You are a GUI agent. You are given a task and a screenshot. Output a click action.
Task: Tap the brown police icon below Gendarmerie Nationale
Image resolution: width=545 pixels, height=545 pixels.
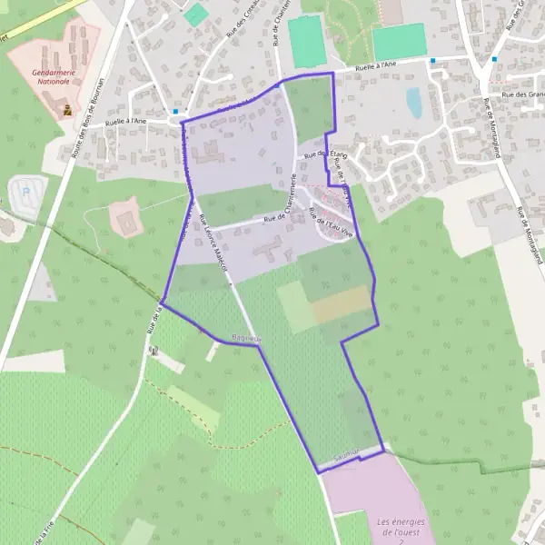[x=67, y=111]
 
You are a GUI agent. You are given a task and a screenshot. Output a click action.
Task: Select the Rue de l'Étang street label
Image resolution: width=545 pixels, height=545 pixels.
[x=320, y=155]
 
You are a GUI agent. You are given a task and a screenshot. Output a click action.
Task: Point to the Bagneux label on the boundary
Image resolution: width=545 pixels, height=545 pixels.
[x=246, y=338]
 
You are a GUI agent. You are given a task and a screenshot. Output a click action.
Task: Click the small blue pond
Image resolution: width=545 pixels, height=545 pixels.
[x=414, y=103]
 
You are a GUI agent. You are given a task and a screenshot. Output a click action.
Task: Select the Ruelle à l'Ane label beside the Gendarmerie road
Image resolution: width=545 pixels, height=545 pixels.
[x=126, y=121]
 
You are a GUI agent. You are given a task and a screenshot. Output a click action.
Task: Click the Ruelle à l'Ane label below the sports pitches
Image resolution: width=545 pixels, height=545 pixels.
[x=376, y=65]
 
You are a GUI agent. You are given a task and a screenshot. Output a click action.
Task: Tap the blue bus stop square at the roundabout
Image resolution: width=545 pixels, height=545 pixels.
[x=175, y=111]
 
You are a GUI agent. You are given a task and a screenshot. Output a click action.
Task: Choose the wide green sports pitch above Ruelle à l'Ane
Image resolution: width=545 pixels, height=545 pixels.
[x=399, y=41]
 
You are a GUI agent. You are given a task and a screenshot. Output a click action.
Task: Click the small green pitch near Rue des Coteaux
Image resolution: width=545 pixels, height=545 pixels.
[x=195, y=15]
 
